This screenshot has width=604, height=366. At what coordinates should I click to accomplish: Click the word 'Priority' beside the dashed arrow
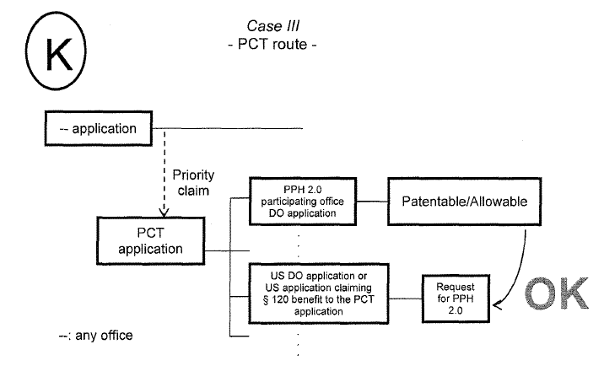click(193, 176)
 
